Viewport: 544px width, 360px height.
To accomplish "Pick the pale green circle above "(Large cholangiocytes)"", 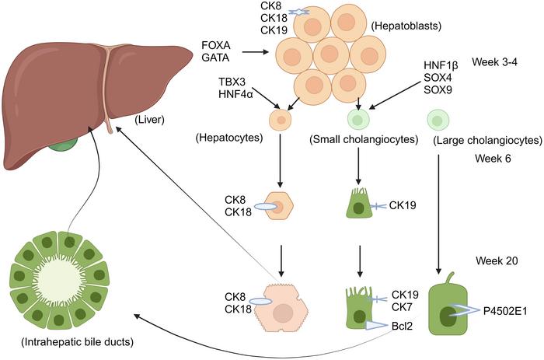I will [438, 120].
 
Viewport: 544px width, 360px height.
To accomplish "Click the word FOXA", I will [215, 45].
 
